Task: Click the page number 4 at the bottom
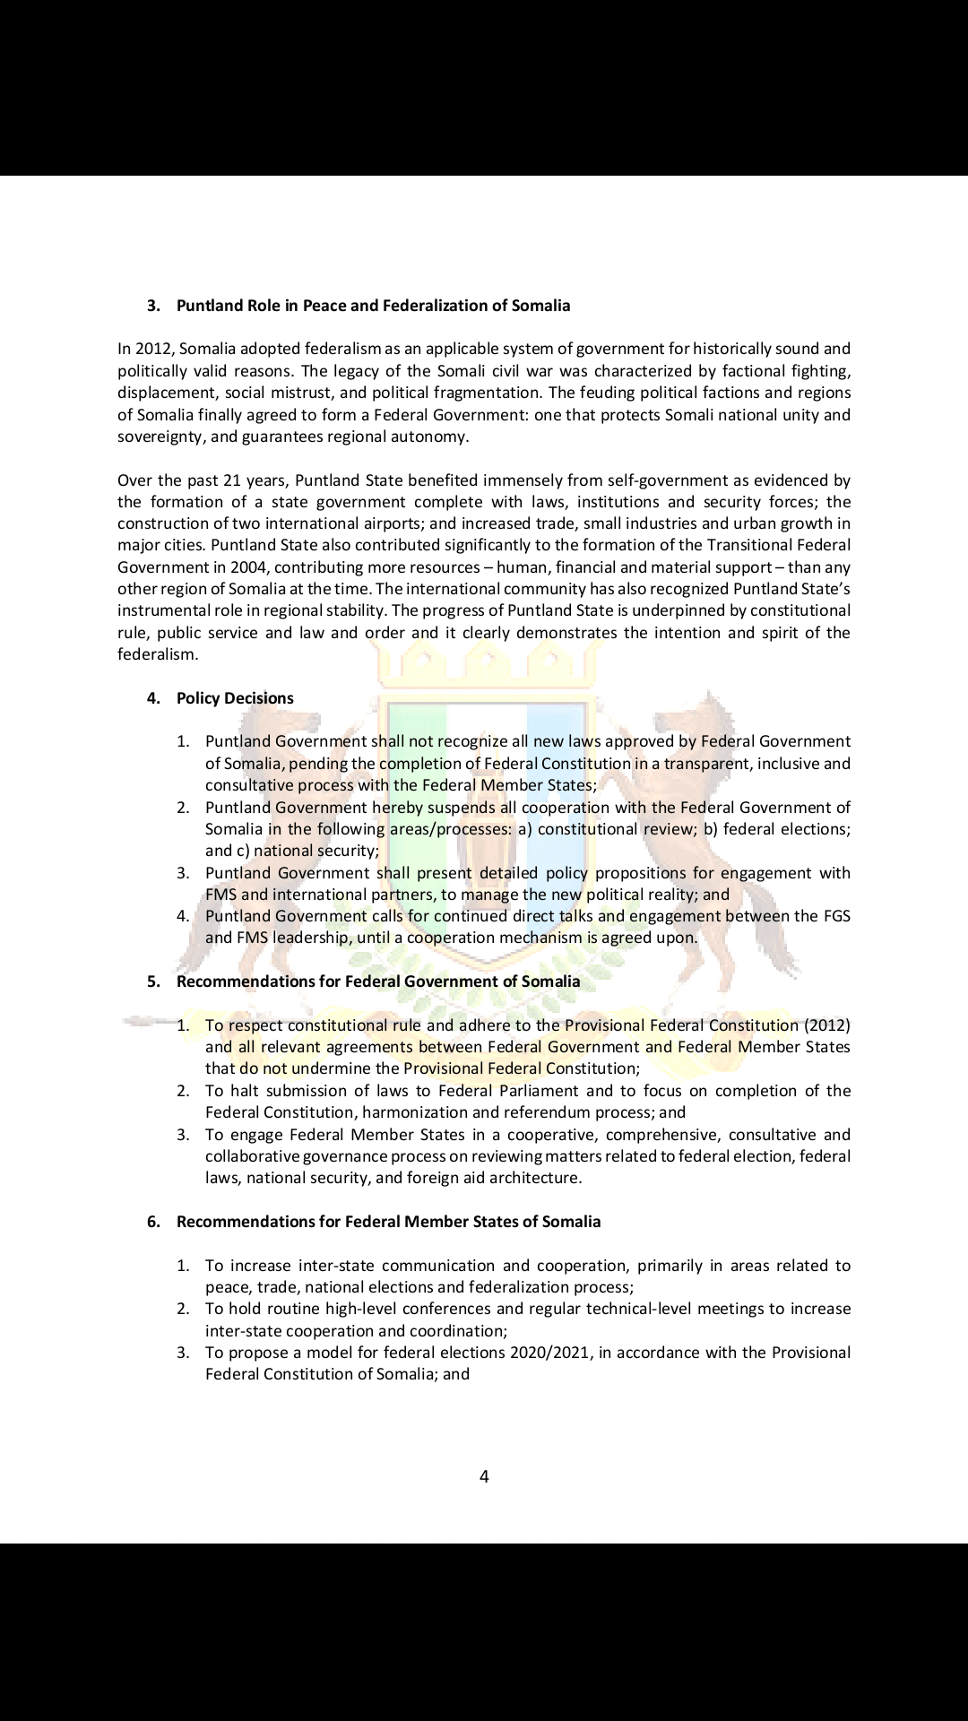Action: point(484,1476)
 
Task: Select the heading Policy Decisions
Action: point(235,698)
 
